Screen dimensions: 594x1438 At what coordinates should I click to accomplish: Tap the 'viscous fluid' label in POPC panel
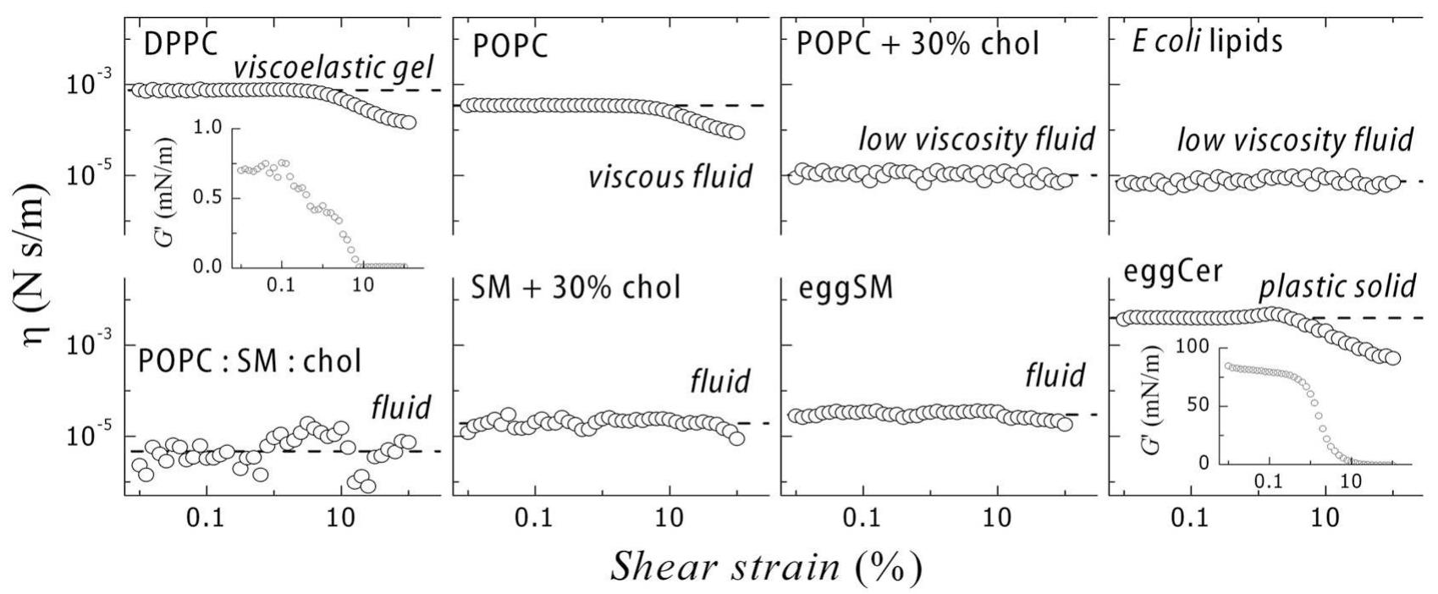(670, 176)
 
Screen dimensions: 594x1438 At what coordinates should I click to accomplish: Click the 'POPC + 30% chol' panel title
(917, 42)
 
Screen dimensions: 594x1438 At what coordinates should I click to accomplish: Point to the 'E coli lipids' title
(1207, 41)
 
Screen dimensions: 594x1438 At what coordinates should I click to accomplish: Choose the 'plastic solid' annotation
(1337, 286)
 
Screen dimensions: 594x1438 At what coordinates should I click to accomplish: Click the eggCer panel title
(1172, 272)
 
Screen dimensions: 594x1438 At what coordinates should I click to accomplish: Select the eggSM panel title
(846, 288)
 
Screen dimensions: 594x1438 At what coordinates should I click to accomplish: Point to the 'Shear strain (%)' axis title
(766, 564)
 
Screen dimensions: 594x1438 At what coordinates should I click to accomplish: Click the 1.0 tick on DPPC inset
(205, 128)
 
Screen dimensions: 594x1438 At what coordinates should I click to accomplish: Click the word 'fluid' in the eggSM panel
(1055, 375)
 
